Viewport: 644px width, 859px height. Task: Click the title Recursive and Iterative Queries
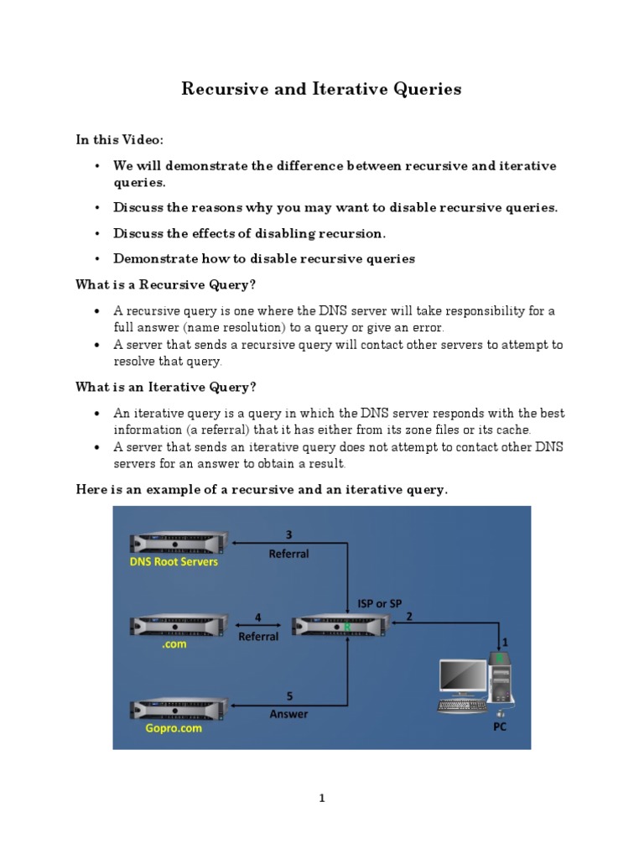pos(321,89)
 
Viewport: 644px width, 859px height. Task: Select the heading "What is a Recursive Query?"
pos(165,285)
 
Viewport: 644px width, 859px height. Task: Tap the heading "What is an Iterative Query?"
pos(165,387)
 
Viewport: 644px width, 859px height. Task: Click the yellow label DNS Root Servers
pos(174,561)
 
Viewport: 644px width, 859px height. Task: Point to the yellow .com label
pos(175,644)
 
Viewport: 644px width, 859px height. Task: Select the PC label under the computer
pos(499,727)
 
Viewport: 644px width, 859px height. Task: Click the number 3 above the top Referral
pos(288,534)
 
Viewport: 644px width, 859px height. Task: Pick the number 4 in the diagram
pos(257,617)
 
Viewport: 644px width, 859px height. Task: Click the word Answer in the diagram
pos(288,714)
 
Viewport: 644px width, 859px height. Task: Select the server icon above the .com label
pos(179,626)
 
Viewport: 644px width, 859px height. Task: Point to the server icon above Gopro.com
pos(179,708)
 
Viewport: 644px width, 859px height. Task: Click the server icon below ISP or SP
pos(340,626)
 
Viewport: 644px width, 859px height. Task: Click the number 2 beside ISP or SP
pos(409,616)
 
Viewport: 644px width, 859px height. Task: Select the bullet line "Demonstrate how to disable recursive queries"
pos(263,259)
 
